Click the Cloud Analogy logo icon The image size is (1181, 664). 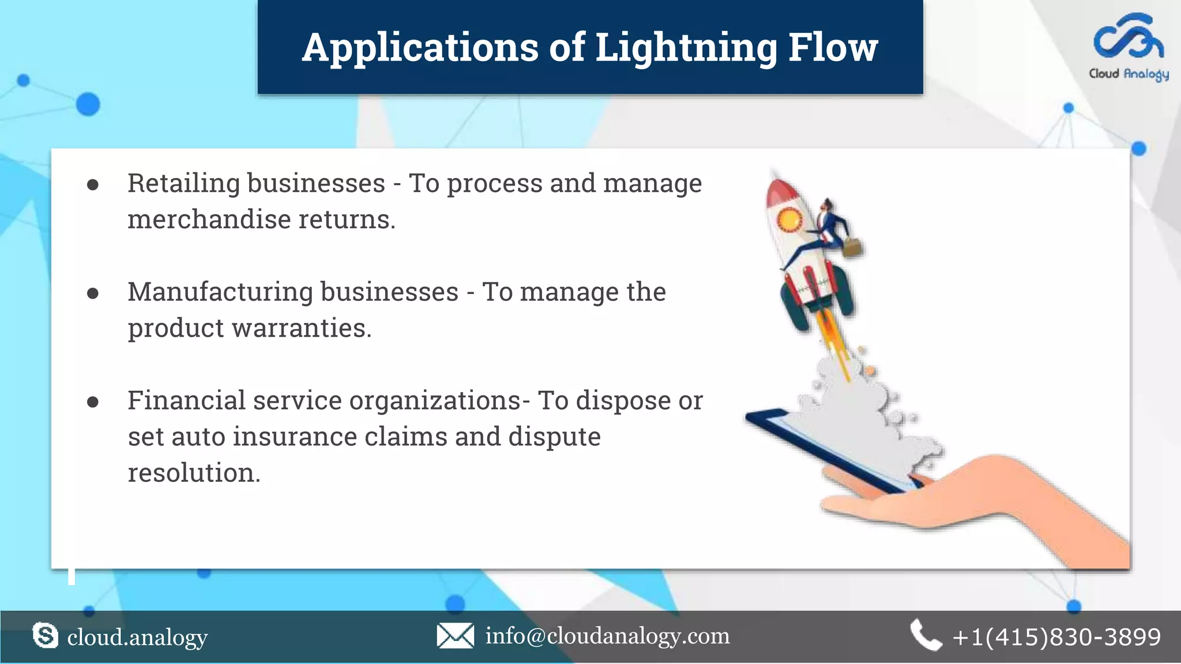1129,37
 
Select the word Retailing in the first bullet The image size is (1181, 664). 183,183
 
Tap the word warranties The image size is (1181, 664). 302,328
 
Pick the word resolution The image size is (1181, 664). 194,473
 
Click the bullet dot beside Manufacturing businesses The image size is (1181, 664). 93,293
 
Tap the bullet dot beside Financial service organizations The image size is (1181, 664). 93,402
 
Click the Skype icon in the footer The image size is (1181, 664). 45,636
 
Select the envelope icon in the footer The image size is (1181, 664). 455,636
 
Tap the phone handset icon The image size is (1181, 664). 925,635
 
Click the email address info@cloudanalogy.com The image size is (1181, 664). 607,636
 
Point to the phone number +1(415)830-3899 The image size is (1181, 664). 1056,637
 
